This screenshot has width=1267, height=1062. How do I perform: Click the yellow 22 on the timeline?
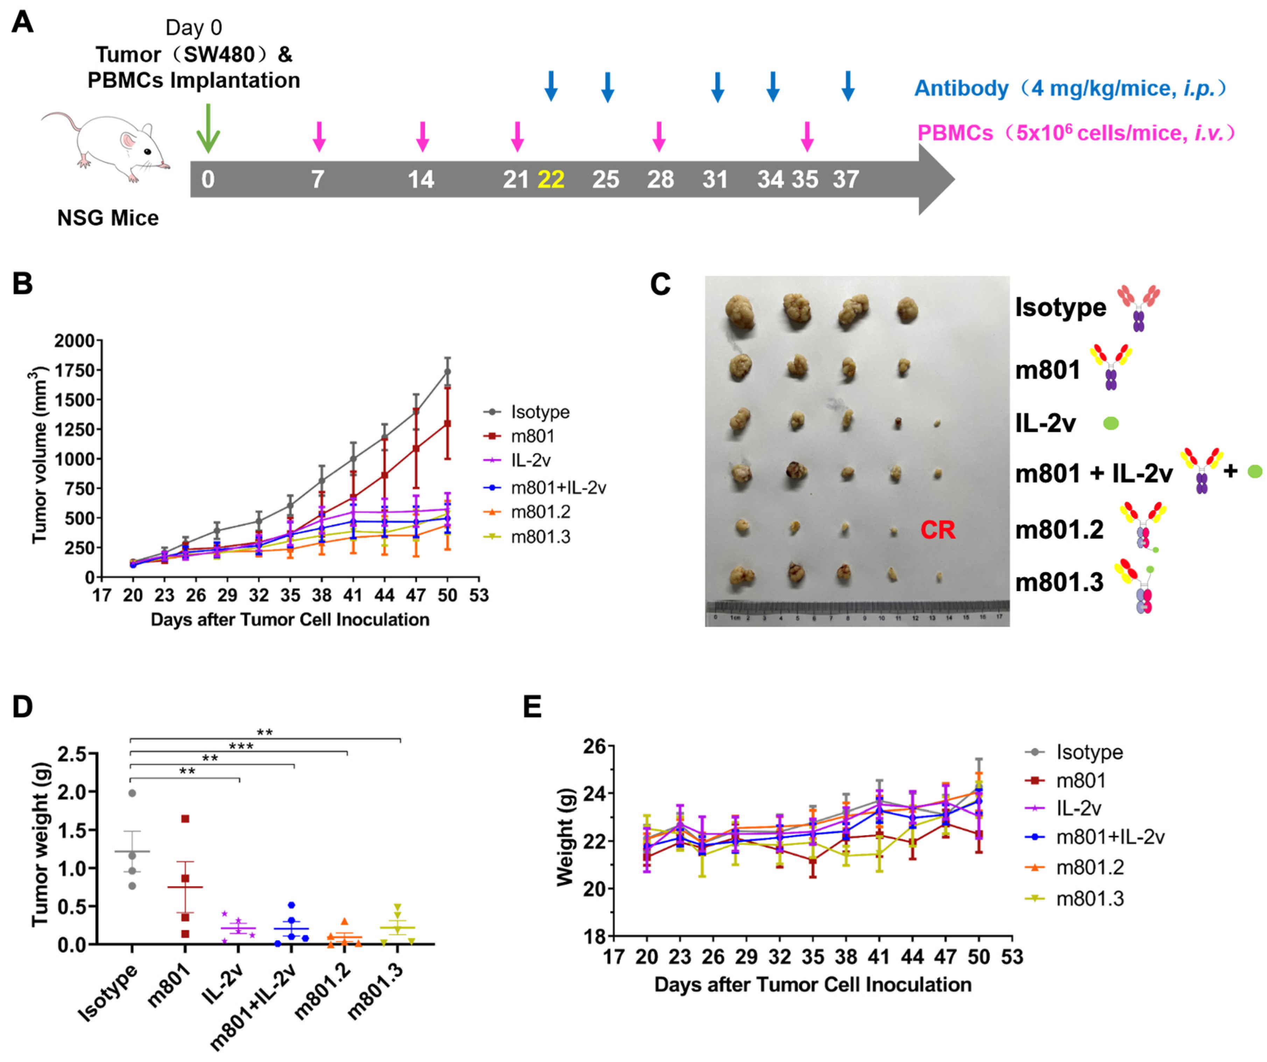(x=551, y=179)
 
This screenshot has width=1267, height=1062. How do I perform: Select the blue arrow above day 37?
(x=848, y=86)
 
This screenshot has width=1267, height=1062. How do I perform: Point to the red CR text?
(x=938, y=530)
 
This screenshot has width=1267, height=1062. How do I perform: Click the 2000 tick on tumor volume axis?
(x=74, y=341)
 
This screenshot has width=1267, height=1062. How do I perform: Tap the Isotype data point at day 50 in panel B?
(x=447, y=372)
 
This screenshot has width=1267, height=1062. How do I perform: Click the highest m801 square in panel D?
(x=185, y=819)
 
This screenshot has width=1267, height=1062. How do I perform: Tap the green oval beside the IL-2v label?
(x=1111, y=424)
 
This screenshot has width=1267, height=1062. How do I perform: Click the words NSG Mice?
(x=108, y=218)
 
